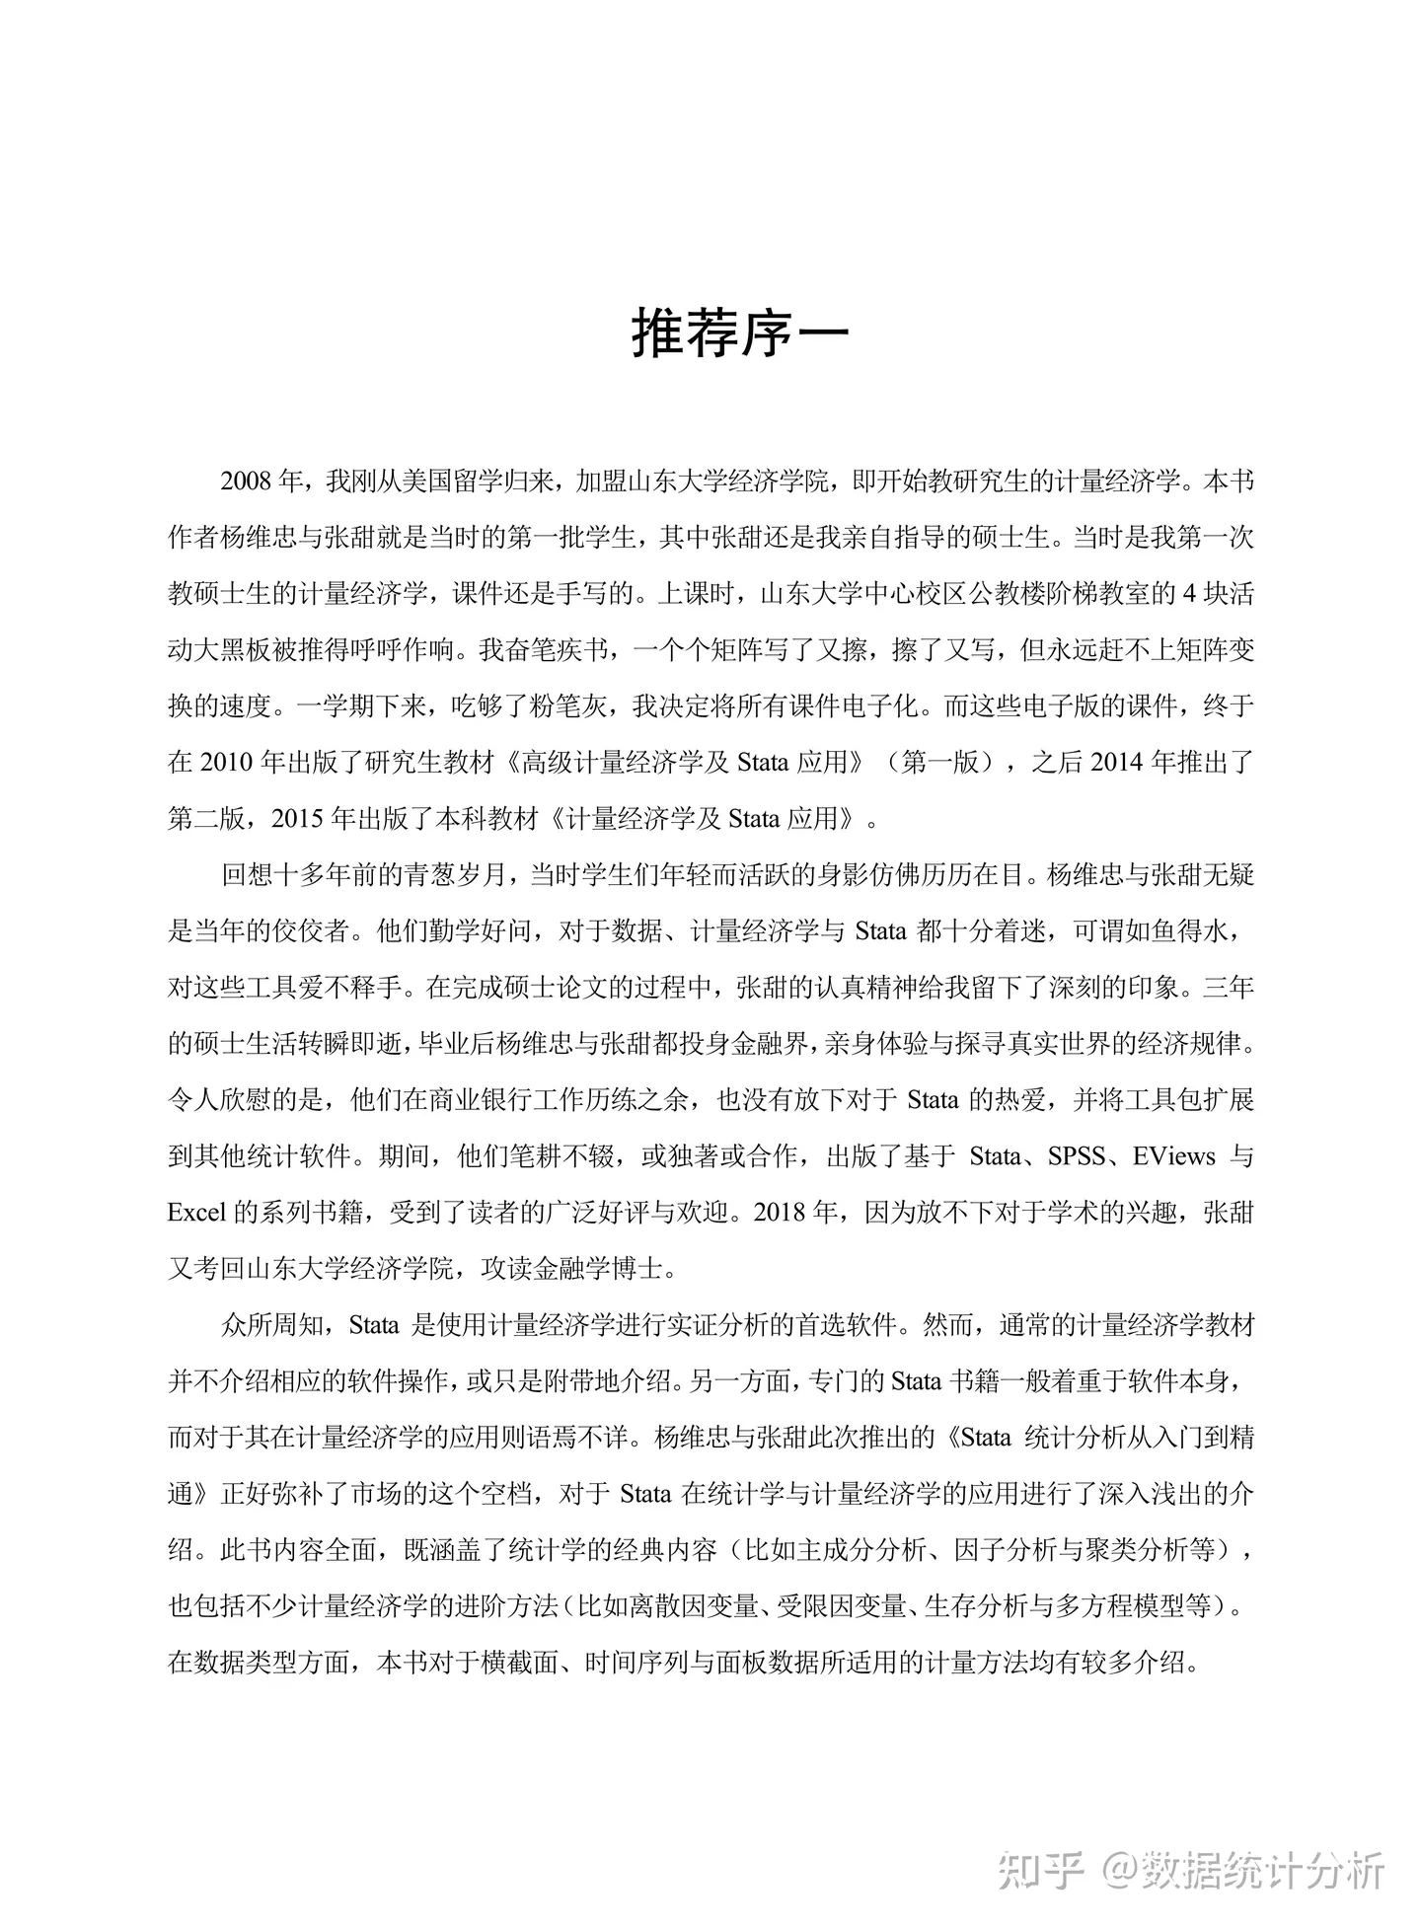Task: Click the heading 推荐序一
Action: [740, 334]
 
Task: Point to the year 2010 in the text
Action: [227, 762]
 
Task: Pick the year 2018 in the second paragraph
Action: [782, 1212]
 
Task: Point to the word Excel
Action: [197, 1212]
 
